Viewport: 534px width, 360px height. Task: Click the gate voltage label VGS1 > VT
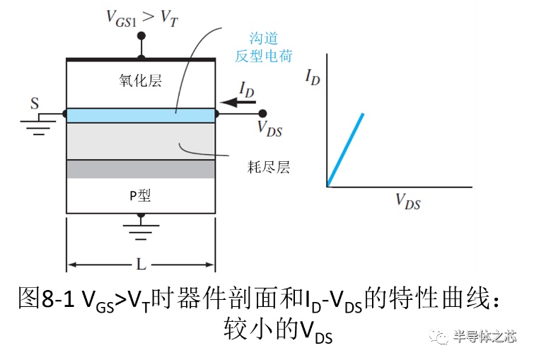coord(142,18)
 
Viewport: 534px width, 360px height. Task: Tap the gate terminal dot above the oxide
coord(141,36)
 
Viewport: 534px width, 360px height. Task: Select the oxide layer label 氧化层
coord(140,81)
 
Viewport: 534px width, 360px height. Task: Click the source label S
coord(35,103)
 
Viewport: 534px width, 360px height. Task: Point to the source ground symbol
coord(38,125)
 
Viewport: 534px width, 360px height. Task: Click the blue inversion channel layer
coord(141,115)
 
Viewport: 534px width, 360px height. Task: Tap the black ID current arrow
coord(238,102)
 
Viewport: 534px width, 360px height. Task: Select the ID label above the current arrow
coord(247,90)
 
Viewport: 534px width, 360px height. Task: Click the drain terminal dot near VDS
coord(262,113)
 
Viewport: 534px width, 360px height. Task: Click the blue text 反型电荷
coord(264,56)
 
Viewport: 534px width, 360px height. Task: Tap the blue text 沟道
coord(264,38)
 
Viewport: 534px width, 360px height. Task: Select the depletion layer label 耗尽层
coord(269,167)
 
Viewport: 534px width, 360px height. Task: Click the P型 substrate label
coord(140,195)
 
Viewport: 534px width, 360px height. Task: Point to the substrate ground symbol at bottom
coord(141,228)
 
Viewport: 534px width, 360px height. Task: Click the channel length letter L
coord(141,264)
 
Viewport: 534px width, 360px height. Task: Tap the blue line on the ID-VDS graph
coord(345,150)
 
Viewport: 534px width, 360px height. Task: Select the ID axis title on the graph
coord(313,77)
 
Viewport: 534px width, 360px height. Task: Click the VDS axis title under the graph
coord(408,202)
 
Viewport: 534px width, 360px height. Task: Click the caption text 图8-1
coord(46,298)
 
